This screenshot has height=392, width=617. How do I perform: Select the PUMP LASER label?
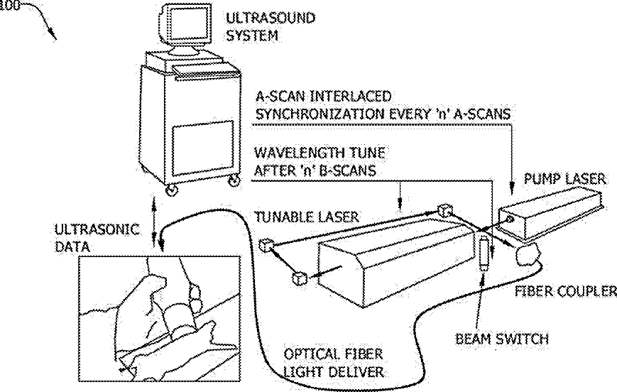(x=566, y=180)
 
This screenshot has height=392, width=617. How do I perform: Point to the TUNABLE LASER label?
(x=308, y=216)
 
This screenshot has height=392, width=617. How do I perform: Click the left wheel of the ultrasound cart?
(x=172, y=190)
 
